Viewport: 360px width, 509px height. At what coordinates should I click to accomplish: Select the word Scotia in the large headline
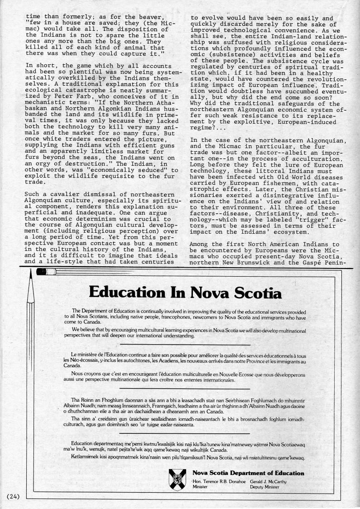(254, 292)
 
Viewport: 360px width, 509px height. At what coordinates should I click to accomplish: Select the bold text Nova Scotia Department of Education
(248, 473)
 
